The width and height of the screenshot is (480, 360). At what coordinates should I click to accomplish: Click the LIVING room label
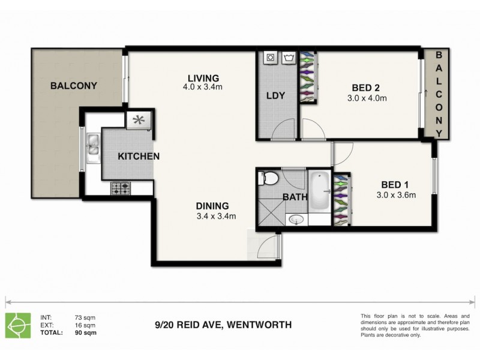tap(203, 78)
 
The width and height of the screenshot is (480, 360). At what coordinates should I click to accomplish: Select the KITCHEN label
tap(139, 156)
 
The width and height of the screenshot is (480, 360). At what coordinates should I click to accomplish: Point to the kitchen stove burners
tap(121, 188)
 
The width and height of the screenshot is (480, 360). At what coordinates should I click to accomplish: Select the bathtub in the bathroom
tap(319, 191)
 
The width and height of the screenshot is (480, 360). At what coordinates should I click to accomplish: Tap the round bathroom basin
tap(295, 220)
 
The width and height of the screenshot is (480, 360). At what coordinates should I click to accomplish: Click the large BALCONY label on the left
tap(74, 86)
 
